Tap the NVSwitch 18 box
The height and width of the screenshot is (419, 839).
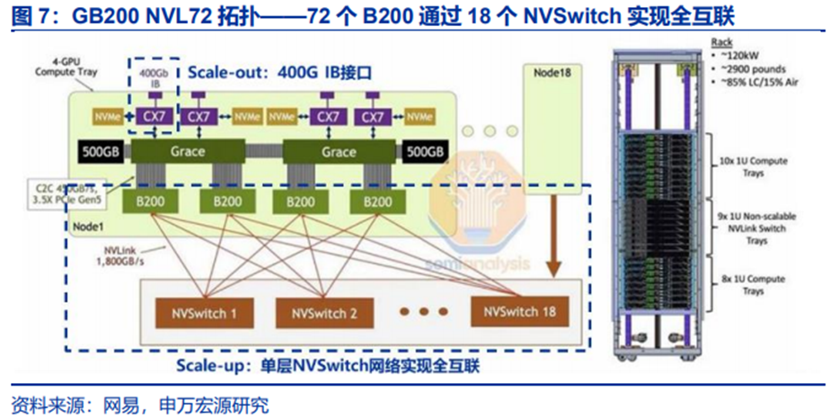518,311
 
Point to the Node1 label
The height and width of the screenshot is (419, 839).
86,227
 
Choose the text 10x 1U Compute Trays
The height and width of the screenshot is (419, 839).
741,166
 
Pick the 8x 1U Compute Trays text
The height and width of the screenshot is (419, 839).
741,285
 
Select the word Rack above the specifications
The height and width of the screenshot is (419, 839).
722,42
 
